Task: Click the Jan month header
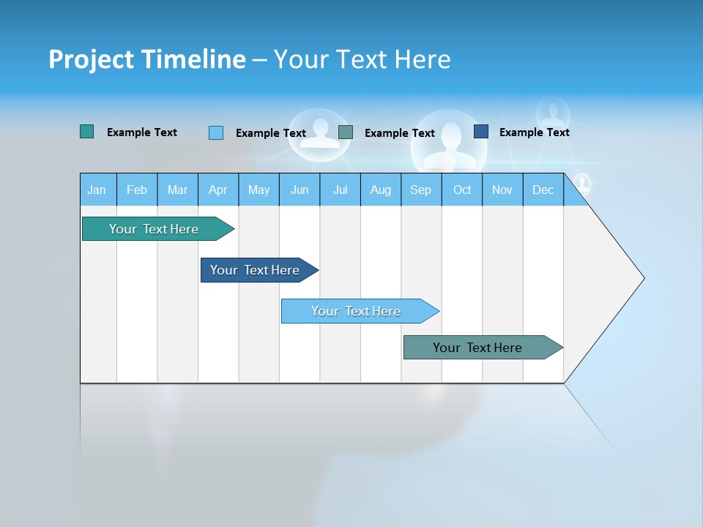(x=97, y=190)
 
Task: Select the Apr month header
(x=218, y=190)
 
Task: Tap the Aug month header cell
(x=381, y=190)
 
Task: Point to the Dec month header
(x=543, y=190)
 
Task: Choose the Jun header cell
(x=300, y=190)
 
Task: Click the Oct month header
(x=462, y=190)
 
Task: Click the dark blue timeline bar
(x=256, y=270)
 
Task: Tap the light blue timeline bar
(x=357, y=311)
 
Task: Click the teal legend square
(x=86, y=132)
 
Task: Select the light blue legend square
(x=215, y=132)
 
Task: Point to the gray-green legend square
(x=346, y=132)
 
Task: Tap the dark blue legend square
(x=481, y=132)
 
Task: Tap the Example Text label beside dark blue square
(x=534, y=132)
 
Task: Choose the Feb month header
(x=137, y=190)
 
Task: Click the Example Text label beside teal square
(x=141, y=132)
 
